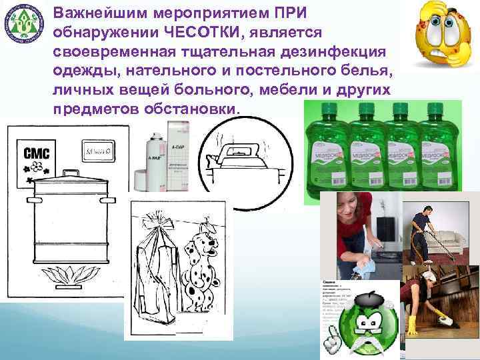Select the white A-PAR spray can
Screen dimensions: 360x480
coord(161,160)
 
